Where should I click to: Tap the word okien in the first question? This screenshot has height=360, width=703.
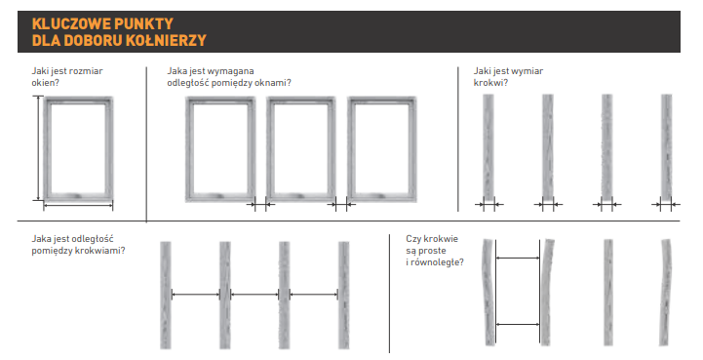[44, 83]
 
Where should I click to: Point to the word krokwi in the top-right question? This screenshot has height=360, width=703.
[489, 83]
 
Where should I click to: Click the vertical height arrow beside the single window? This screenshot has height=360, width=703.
[39, 148]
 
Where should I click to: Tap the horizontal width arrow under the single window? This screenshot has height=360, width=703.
[78, 206]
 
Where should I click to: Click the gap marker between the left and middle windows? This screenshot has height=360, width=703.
[260, 205]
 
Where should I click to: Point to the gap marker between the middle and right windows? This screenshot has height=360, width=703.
[341, 205]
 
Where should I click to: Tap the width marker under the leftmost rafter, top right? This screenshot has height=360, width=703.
[488, 205]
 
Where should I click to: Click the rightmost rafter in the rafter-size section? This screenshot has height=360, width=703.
[666, 146]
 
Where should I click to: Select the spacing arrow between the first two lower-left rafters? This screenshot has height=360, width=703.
[195, 295]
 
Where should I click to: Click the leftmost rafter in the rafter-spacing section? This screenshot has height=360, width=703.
[166, 295]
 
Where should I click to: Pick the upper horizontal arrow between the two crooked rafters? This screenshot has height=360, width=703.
[518, 259]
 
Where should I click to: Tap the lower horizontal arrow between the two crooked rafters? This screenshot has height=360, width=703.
[518, 324]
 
